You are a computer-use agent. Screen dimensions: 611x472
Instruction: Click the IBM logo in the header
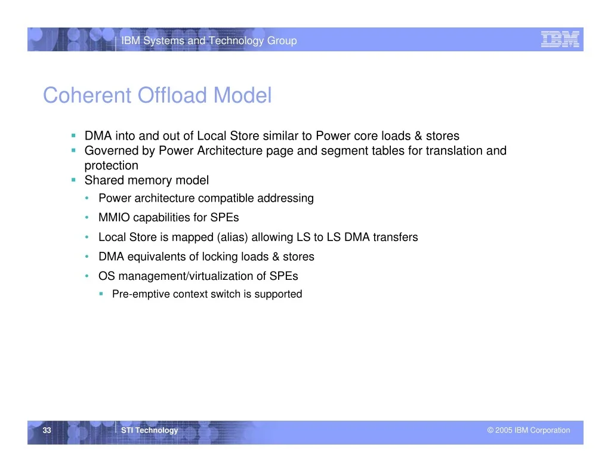[560, 39]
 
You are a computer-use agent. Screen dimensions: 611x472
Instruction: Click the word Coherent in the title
[87, 95]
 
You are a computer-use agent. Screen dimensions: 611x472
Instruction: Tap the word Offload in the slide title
[172, 95]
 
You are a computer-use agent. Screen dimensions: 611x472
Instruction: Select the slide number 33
[47, 430]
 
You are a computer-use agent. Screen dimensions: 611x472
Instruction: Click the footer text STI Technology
[149, 430]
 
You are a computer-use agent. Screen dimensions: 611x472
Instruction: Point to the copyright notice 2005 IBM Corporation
[529, 430]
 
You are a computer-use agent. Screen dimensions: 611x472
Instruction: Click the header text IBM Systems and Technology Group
[209, 41]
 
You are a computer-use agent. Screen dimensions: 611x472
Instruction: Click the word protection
[112, 166]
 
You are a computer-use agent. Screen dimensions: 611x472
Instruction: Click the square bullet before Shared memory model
[73, 180]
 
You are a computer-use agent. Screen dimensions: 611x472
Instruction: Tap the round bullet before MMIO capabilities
[87, 217]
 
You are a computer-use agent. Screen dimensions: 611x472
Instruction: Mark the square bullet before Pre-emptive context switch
[101, 294]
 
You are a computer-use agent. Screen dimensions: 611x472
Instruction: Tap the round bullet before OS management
[87, 276]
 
